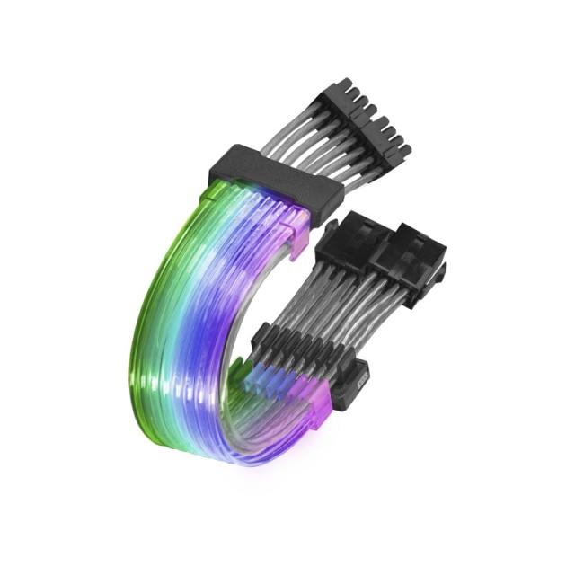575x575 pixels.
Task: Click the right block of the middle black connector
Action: [x=410, y=256]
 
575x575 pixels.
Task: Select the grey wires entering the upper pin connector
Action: [x=296, y=135]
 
